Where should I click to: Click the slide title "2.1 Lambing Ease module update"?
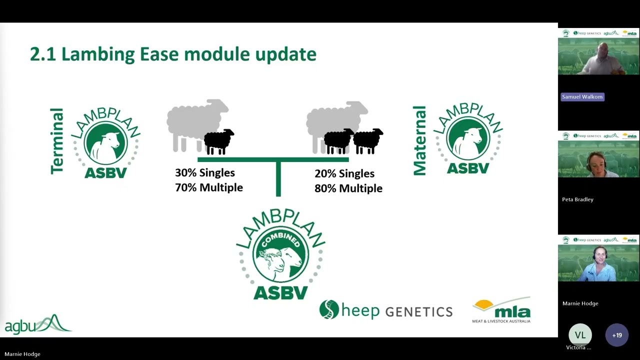click(x=173, y=54)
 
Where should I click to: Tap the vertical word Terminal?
click(x=57, y=141)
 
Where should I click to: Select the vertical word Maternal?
click(x=419, y=140)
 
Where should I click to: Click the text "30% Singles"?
click(x=204, y=173)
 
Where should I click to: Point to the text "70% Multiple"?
click(x=208, y=187)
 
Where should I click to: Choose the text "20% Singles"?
click(x=344, y=173)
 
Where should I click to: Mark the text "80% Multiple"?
click(x=348, y=188)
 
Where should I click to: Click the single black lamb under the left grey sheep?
click(x=218, y=141)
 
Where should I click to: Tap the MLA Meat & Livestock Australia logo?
click(x=501, y=310)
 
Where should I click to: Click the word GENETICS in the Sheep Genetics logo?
click(x=418, y=311)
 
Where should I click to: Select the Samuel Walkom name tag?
click(x=582, y=96)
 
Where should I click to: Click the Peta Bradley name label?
click(x=577, y=199)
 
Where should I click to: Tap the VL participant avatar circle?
click(x=580, y=335)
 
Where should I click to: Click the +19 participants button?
click(x=616, y=335)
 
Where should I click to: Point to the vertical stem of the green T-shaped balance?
click(x=278, y=179)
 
